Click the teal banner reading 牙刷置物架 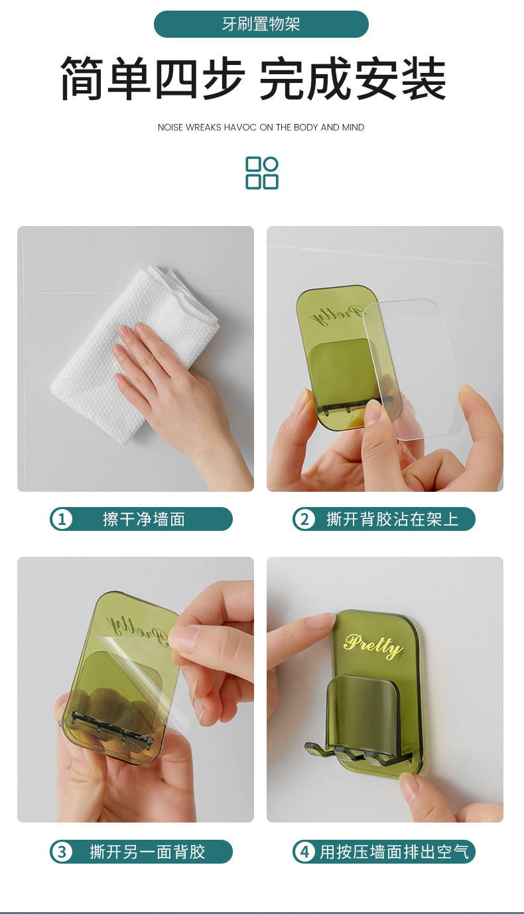coord(261,24)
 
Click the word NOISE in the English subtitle coord(170,127)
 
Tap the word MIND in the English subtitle coord(354,127)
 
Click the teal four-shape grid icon coord(262,173)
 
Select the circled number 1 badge coord(62,520)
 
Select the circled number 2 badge coord(304,520)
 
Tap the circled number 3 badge coord(62,852)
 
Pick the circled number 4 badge coord(304,852)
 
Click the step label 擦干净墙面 coord(144,520)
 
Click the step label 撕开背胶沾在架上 coord(392,520)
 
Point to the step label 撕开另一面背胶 coord(147,852)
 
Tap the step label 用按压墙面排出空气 coord(395,852)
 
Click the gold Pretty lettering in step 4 coord(373,646)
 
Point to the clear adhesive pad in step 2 coord(413,367)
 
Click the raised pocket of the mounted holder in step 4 coord(363,711)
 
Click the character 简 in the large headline coord(83,78)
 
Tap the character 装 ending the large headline coord(423,78)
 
